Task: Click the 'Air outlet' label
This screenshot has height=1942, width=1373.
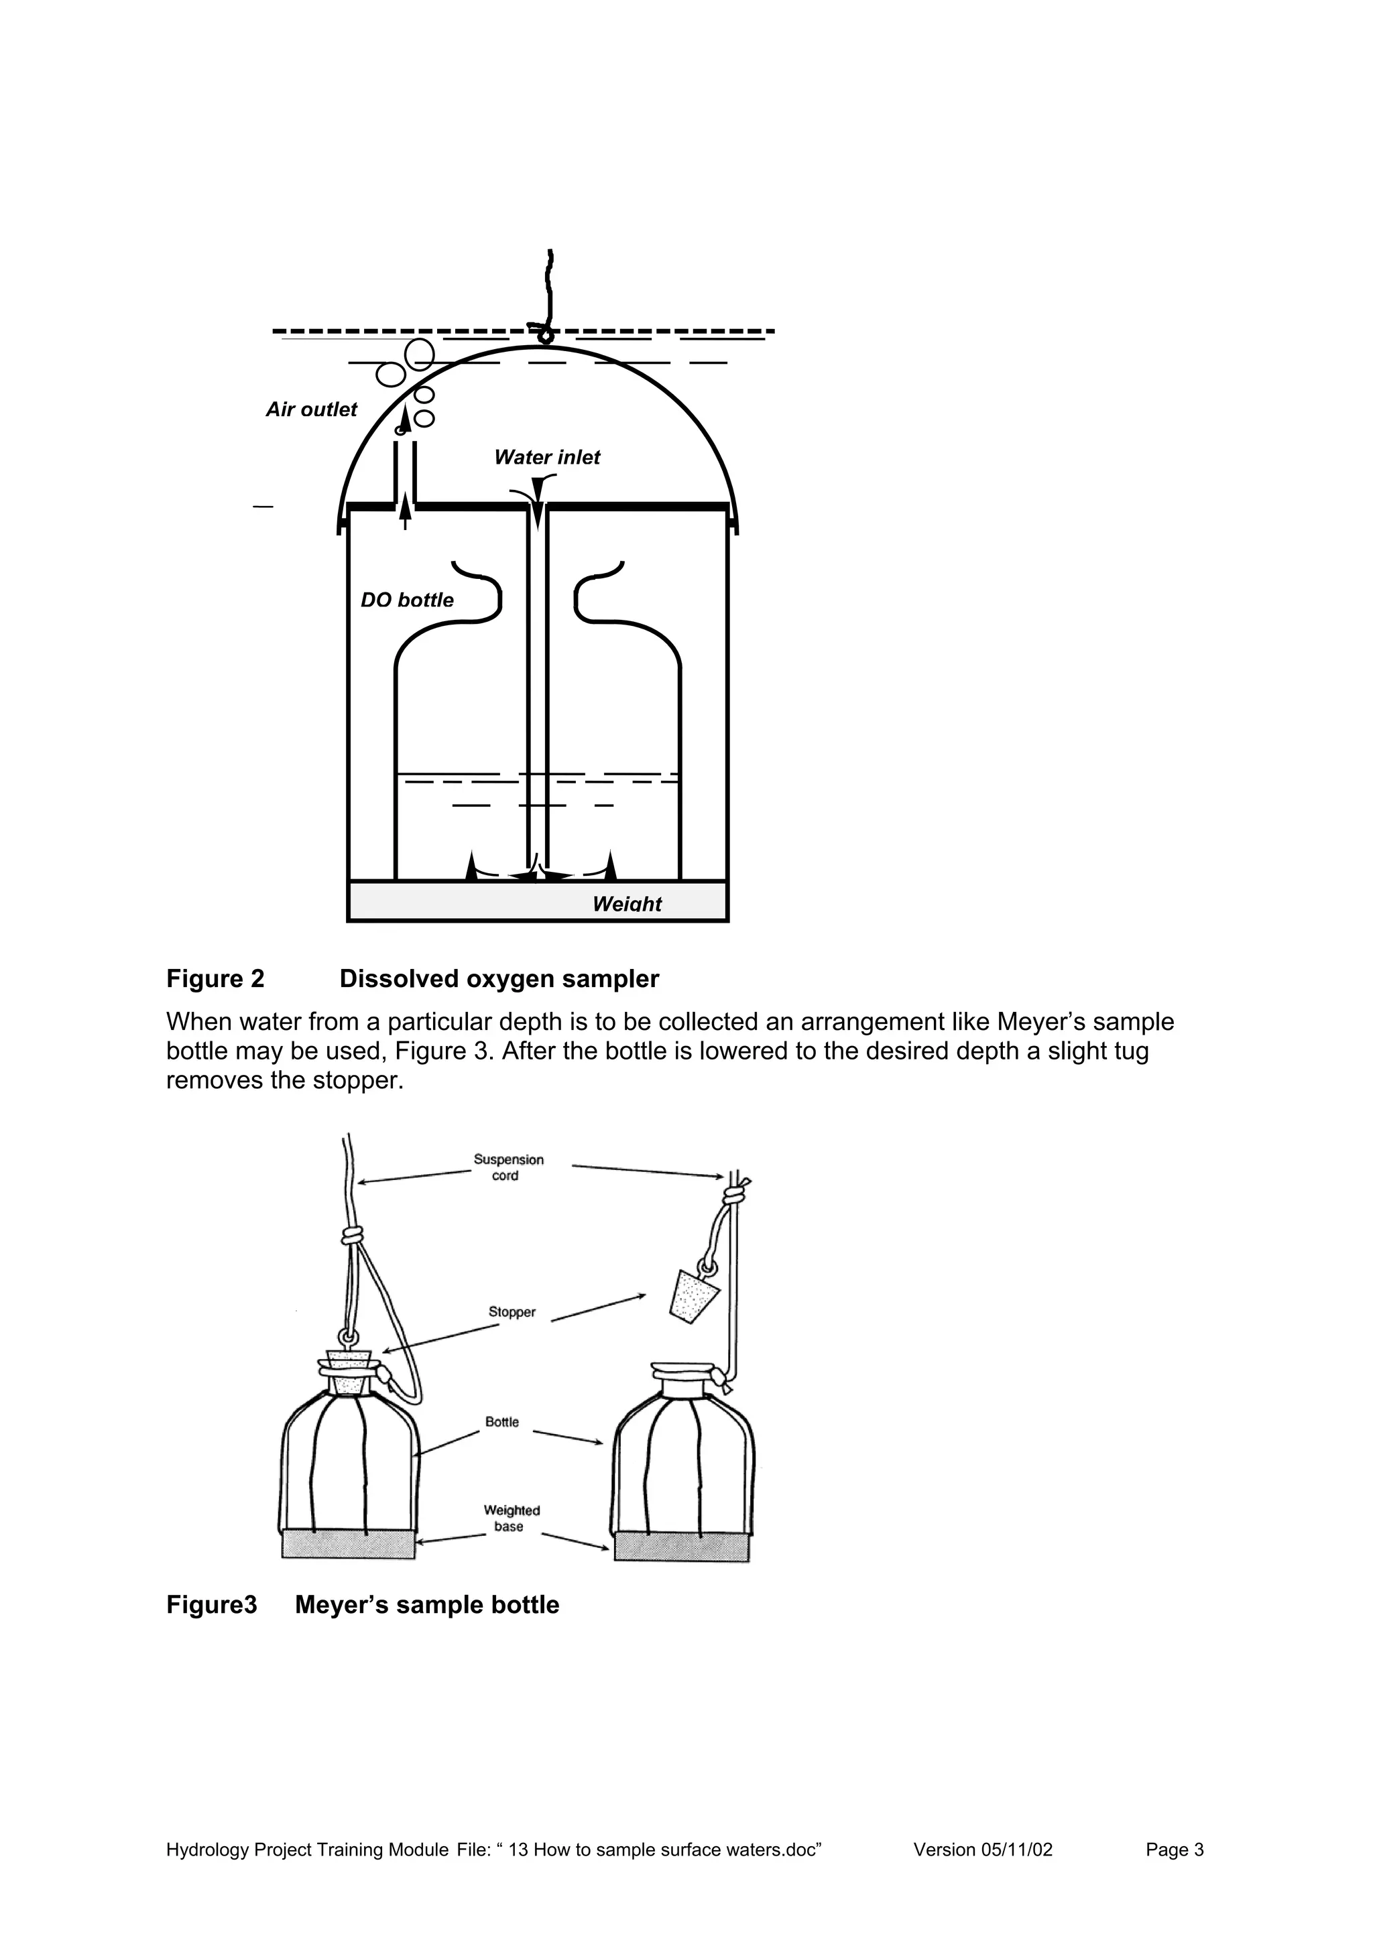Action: [311, 409]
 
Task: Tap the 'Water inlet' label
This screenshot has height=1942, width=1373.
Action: [546, 458]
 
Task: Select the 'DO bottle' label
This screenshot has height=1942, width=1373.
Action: [407, 600]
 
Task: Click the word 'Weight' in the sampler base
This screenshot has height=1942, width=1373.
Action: [627, 903]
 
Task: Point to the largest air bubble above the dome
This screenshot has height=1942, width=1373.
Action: [420, 354]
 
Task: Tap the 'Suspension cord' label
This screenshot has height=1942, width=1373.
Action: [508, 1167]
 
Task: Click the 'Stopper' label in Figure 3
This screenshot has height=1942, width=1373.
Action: [512, 1312]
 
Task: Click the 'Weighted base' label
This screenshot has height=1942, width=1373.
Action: [511, 1518]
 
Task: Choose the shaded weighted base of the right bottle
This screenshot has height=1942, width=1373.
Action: [682, 1547]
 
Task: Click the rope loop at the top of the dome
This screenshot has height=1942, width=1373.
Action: [546, 335]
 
